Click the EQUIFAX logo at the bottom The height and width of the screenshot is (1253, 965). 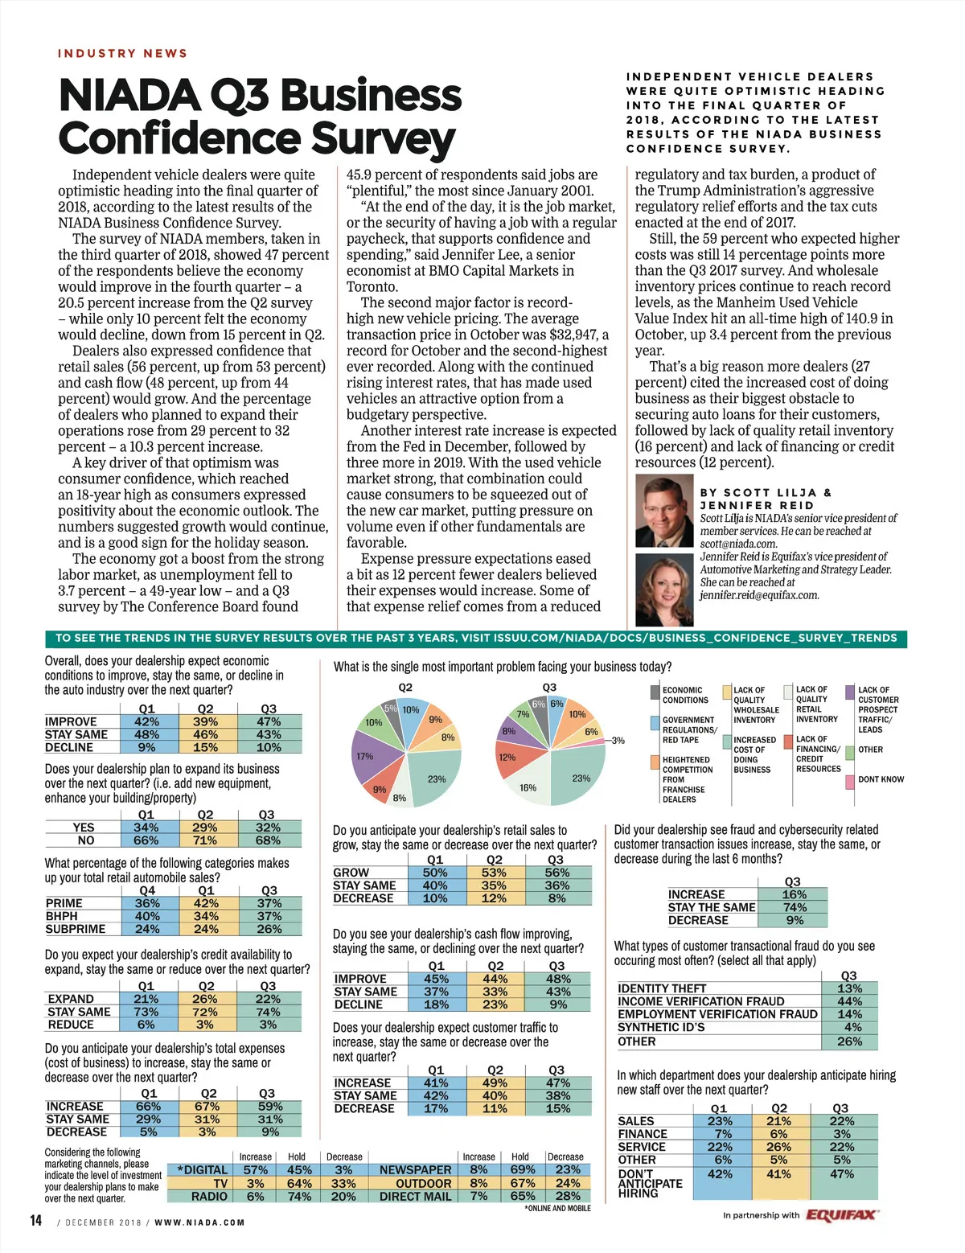point(842,1214)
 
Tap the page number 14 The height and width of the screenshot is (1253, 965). point(36,1221)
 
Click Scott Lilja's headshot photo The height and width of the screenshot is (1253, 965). point(664,511)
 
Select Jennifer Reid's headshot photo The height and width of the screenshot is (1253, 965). point(664,590)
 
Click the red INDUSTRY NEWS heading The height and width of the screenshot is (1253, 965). point(122,53)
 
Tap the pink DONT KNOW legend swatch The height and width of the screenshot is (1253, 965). point(850,780)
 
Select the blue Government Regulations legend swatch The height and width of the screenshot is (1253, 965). point(655,721)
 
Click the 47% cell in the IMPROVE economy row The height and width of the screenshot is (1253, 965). point(269,721)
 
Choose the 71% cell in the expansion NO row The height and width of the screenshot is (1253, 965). point(205,840)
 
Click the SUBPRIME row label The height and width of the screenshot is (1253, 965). point(76,929)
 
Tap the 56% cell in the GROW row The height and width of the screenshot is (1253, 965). point(556,873)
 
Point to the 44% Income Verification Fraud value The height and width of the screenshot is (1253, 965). point(849,1001)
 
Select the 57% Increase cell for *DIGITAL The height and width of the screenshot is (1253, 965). point(256,1170)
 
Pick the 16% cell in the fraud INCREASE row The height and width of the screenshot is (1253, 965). point(794,894)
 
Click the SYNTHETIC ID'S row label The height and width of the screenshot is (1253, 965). point(661,1027)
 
